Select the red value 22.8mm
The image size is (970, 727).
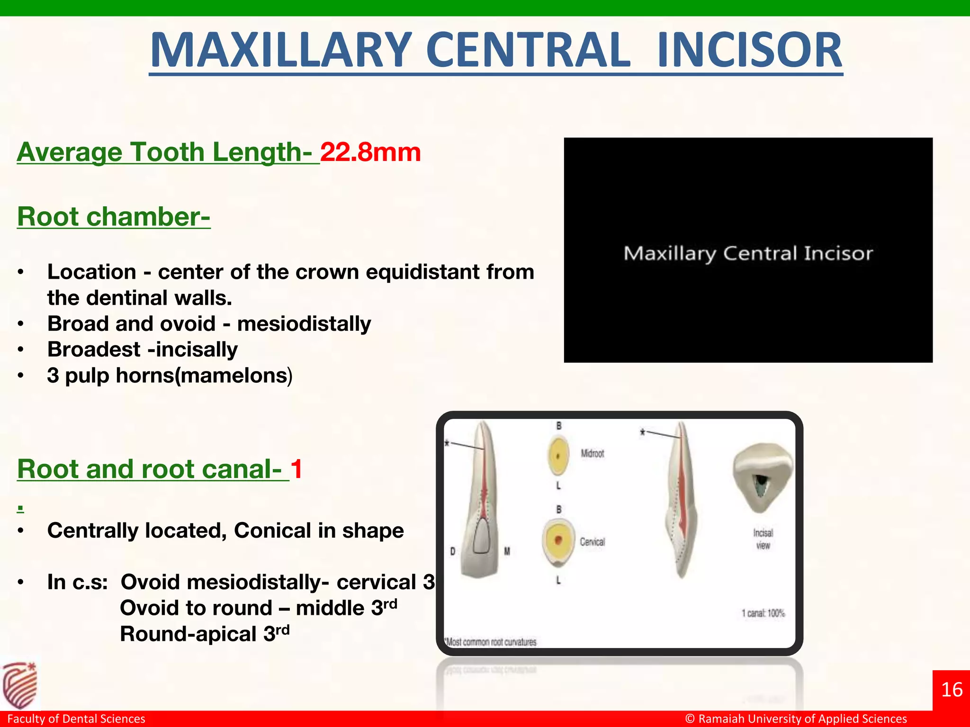tap(370, 152)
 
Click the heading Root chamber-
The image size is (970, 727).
tap(114, 217)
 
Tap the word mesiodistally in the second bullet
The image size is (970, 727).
tap(304, 324)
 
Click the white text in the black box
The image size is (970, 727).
tap(748, 254)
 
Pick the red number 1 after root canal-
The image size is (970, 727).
tap(296, 469)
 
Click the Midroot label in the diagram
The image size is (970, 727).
tap(593, 453)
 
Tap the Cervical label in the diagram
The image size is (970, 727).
tap(593, 542)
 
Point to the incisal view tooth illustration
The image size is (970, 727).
tap(762, 478)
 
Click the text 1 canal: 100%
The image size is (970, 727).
tap(763, 613)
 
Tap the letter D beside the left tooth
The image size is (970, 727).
tap(453, 551)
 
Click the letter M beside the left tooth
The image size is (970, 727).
tap(507, 551)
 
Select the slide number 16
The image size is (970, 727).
tap(952, 690)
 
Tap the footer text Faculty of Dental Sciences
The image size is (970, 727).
tap(76, 719)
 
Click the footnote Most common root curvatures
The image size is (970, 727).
tap(491, 642)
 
